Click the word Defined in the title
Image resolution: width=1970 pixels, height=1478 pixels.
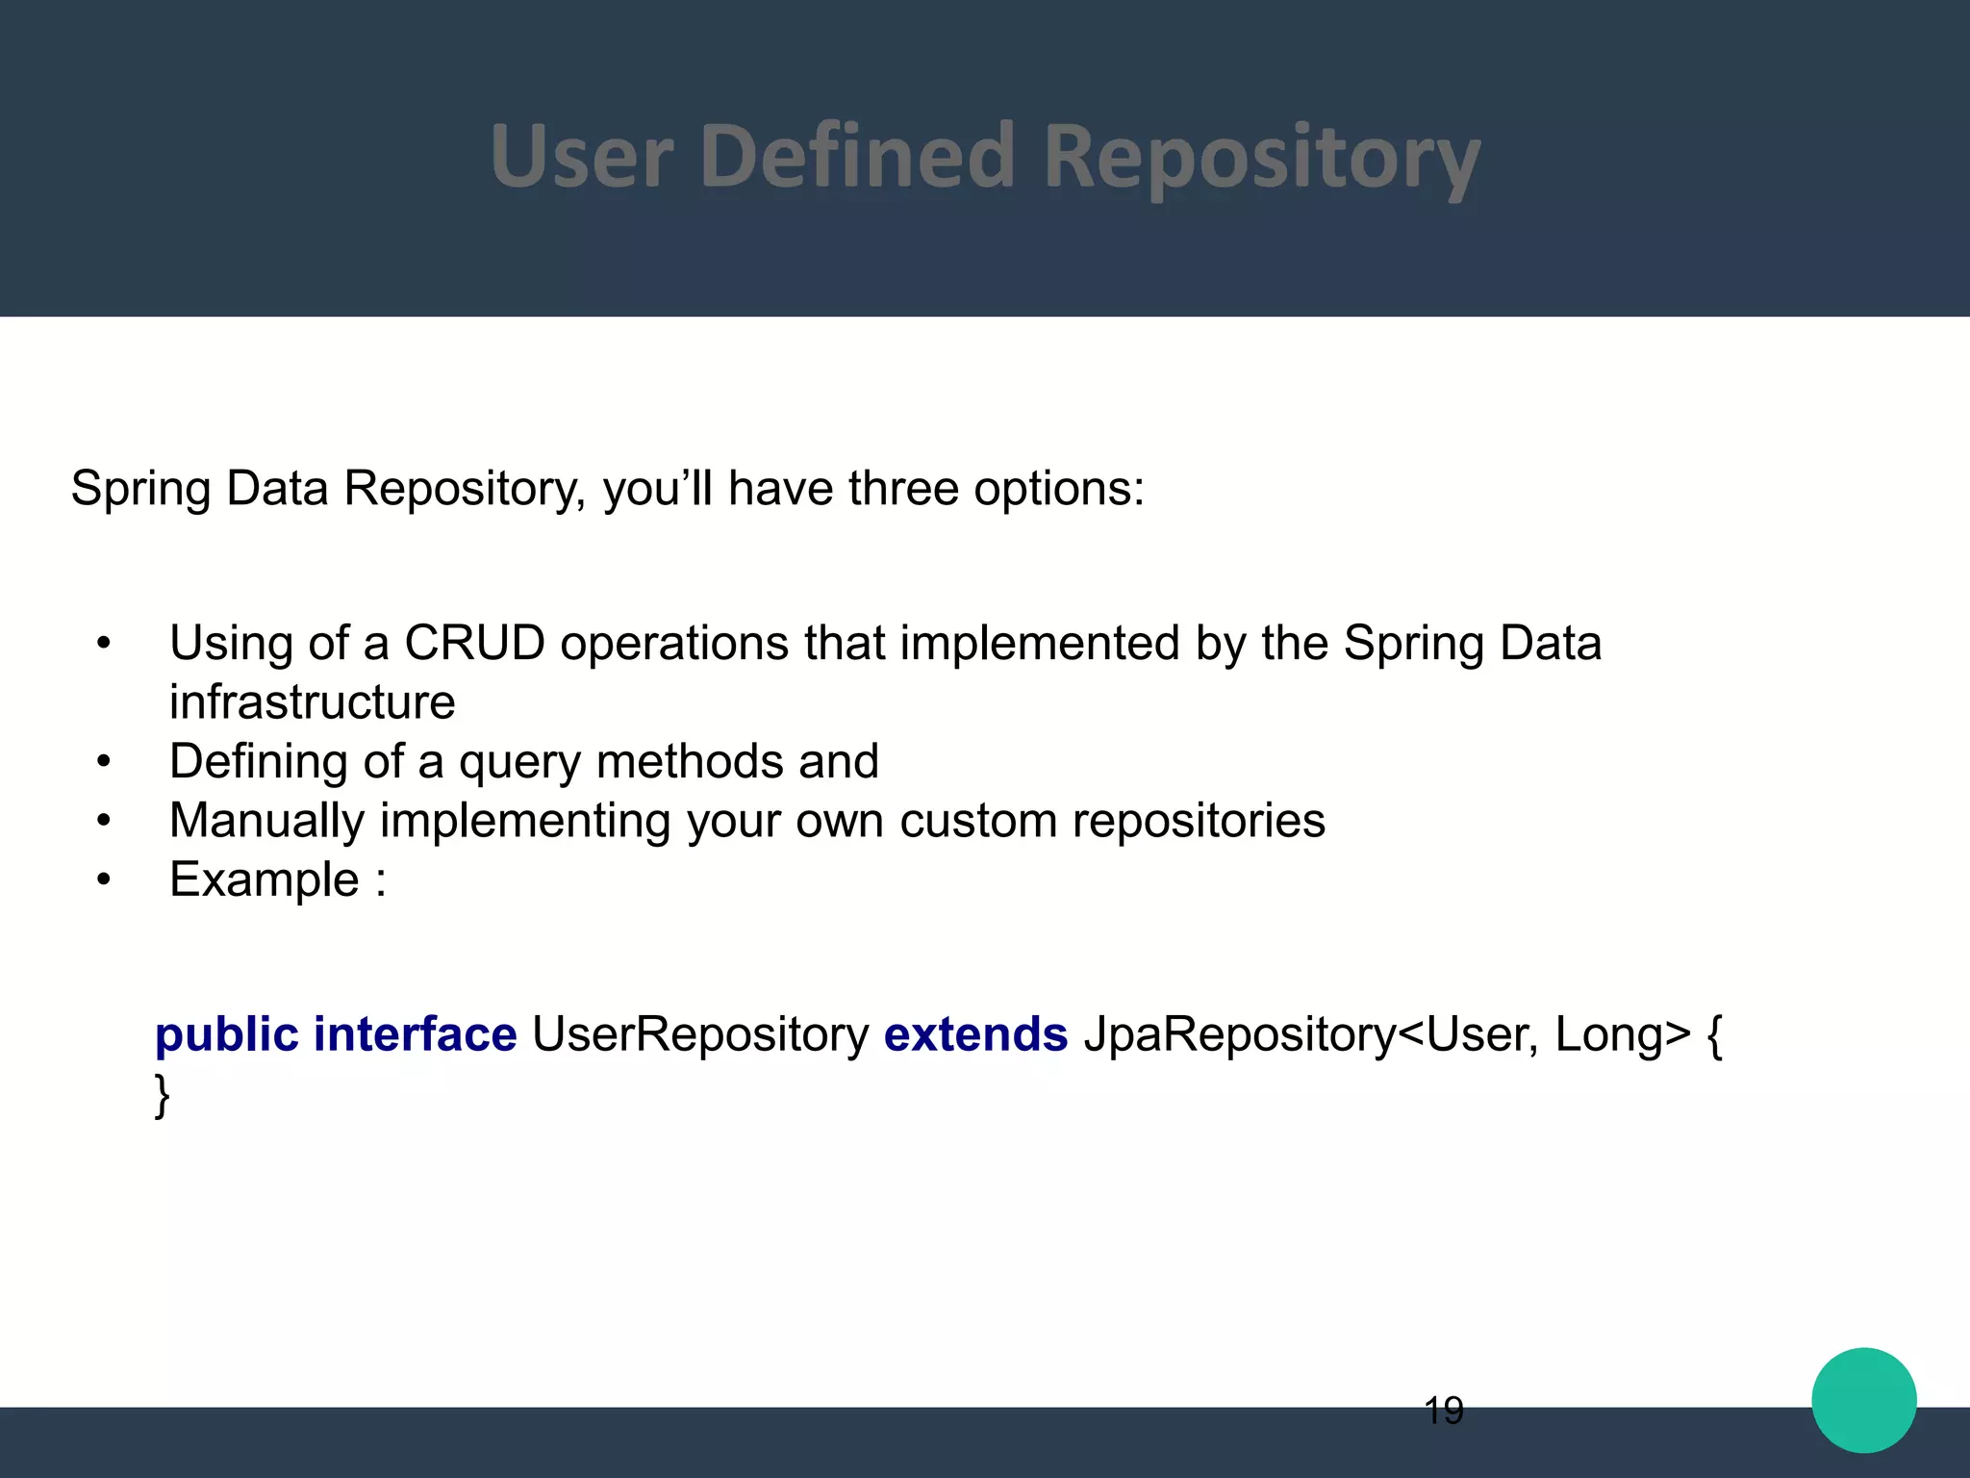point(857,156)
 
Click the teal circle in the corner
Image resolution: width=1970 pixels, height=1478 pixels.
point(1863,1400)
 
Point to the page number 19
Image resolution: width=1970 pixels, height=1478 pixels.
point(1443,1411)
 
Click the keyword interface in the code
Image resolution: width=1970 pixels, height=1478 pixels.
point(415,1035)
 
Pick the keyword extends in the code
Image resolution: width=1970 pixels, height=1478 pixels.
point(975,1035)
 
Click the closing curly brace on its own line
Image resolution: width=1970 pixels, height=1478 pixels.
point(163,1095)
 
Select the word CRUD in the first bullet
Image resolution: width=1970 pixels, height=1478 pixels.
point(474,643)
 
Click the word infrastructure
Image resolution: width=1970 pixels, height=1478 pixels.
point(312,702)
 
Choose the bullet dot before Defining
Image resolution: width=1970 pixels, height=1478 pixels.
point(104,762)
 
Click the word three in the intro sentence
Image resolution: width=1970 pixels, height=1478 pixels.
point(902,488)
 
